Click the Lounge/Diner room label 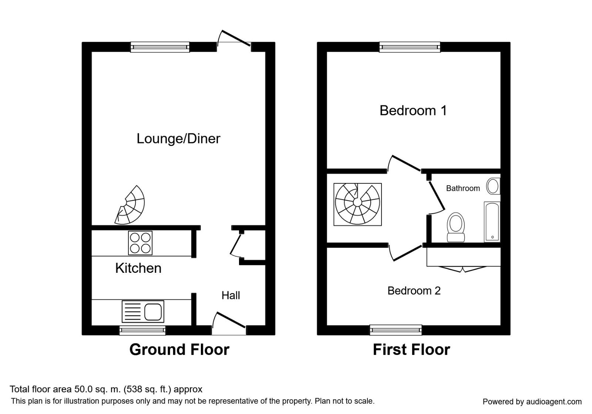click(x=178, y=139)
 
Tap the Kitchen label click(x=138, y=268)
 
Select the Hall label click(x=231, y=295)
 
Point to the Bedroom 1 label click(x=413, y=111)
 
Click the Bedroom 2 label click(x=414, y=291)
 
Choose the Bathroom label click(x=462, y=189)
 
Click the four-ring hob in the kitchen click(x=140, y=243)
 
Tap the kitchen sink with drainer click(x=143, y=311)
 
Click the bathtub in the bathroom click(x=492, y=222)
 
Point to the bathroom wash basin click(x=493, y=186)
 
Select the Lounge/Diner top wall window click(x=160, y=47)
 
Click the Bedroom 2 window click(x=396, y=330)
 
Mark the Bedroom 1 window click(x=410, y=47)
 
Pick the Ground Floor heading click(x=179, y=350)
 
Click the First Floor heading click(x=411, y=350)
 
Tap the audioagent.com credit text click(x=532, y=402)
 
